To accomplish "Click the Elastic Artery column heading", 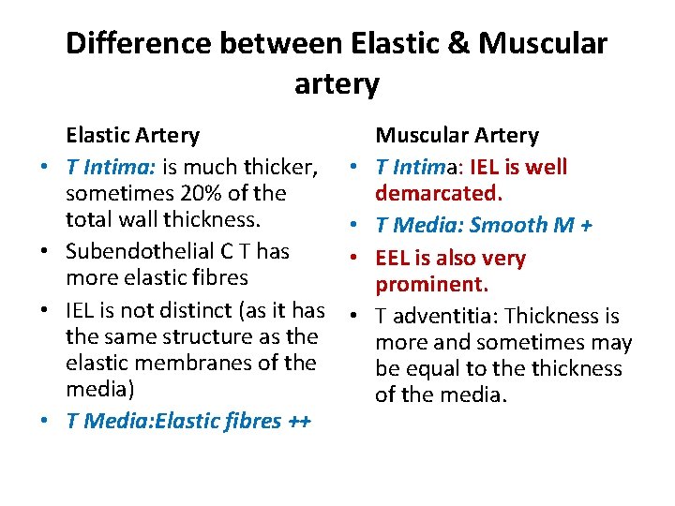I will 132,136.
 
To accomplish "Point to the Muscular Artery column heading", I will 457,136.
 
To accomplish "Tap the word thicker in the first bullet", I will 279,167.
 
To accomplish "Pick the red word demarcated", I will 439,194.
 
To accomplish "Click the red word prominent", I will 431,284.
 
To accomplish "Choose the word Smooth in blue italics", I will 508,225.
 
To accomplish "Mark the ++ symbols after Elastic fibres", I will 299,421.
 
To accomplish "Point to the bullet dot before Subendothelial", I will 44,252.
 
